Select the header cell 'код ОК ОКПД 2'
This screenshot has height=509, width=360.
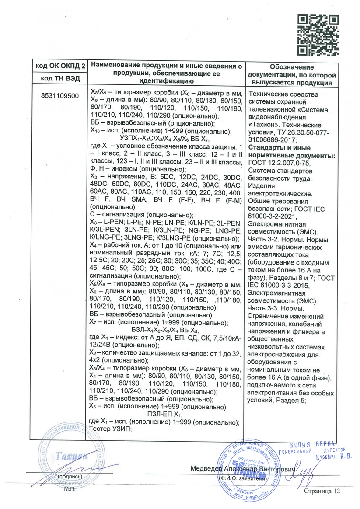point(57,66)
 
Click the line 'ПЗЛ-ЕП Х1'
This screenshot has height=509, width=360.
point(165,415)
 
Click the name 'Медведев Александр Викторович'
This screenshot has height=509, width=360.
point(240,468)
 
